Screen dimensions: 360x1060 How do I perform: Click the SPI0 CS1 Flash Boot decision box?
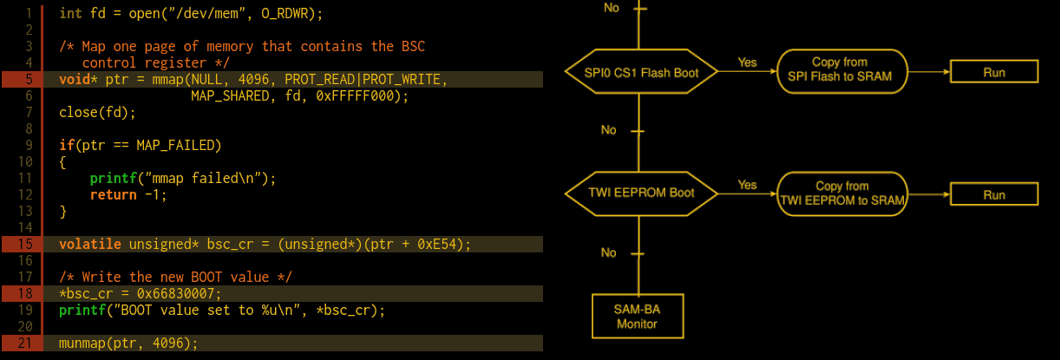(x=643, y=71)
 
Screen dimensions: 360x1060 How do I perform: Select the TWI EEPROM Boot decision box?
(x=642, y=192)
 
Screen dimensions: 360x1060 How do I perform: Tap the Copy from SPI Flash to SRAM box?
(x=840, y=70)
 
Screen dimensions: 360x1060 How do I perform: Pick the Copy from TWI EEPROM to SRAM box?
(x=842, y=193)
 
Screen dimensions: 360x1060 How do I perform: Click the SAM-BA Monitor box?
(x=638, y=316)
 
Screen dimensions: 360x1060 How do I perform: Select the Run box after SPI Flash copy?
(x=994, y=72)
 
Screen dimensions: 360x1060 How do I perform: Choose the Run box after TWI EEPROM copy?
(x=994, y=194)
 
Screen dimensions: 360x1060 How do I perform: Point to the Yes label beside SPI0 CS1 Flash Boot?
(x=747, y=62)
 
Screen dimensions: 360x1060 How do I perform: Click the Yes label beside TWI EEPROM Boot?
(x=747, y=185)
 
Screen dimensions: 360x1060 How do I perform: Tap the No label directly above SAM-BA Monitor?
(x=609, y=252)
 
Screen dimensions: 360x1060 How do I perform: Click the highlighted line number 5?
(x=28, y=80)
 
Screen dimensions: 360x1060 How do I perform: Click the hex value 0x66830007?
(x=179, y=293)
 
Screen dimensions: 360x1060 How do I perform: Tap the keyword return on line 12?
(x=113, y=195)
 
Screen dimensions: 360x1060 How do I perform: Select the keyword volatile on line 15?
(x=90, y=245)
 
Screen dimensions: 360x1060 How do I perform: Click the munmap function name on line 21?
(x=82, y=344)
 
